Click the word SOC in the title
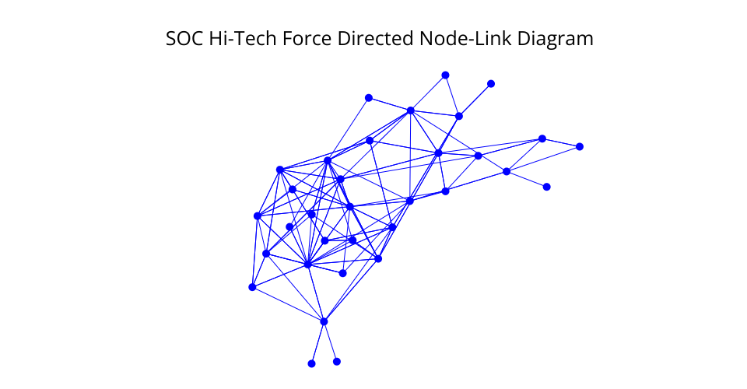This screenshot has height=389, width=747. click(x=184, y=39)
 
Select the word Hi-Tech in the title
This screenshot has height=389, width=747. click(x=243, y=39)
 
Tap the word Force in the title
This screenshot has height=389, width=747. click(x=307, y=39)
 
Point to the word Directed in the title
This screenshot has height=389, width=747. click(x=375, y=39)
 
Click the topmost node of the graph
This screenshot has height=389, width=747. click(x=445, y=75)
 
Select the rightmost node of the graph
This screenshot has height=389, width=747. click(x=580, y=146)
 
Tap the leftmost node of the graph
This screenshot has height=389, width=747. click(x=252, y=287)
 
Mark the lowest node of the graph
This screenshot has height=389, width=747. click(x=311, y=364)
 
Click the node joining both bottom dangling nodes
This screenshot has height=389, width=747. click(x=324, y=322)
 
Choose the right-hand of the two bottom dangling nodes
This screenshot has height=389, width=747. click(x=337, y=362)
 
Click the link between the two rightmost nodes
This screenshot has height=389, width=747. click(x=561, y=143)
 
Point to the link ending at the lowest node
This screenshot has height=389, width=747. click(x=317, y=343)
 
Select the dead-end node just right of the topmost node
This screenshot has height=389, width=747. click(x=491, y=84)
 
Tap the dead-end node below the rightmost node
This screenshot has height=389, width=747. click(x=547, y=187)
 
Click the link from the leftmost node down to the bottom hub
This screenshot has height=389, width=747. click(x=288, y=305)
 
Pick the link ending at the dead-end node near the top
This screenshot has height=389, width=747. click(x=475, y=100)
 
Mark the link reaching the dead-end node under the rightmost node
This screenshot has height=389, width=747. click(x=527, y=180)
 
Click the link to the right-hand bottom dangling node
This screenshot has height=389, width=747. click(x=330, y=342)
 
